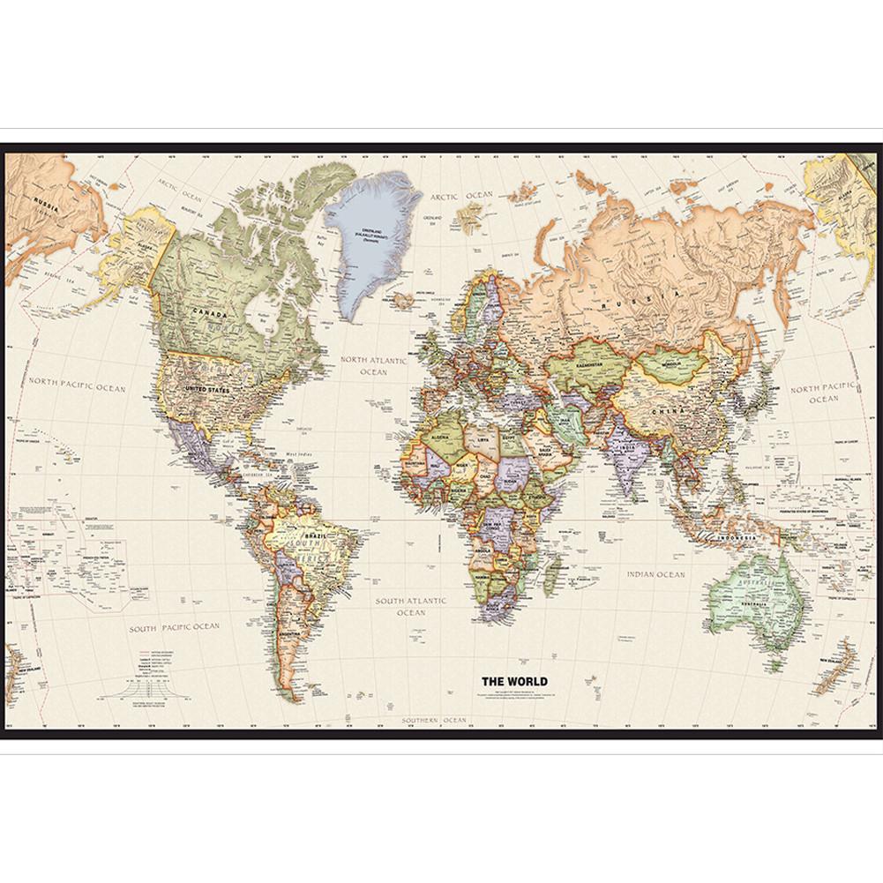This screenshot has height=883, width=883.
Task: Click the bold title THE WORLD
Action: [514, 681]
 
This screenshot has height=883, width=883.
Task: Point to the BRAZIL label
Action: [315, 535]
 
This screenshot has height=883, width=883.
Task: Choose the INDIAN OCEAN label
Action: [655, 574]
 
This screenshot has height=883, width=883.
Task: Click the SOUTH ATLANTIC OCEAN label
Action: [411, 606]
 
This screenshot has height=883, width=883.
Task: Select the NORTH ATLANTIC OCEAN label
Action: [374, 366]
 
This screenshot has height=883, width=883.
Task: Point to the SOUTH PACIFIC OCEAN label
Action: [175, 627]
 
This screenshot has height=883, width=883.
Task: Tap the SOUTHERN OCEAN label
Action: [434, 721]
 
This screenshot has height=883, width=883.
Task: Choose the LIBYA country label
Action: [482, 439]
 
